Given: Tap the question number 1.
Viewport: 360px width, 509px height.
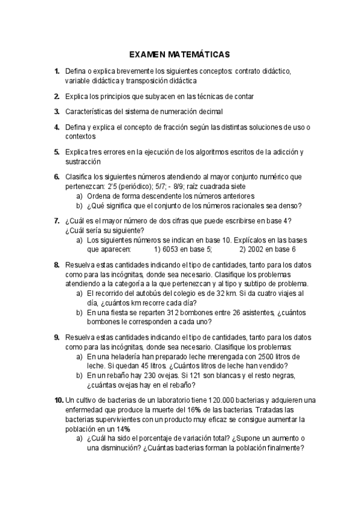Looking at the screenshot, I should coord(56,71).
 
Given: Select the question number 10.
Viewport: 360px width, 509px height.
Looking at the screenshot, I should coord(58,400).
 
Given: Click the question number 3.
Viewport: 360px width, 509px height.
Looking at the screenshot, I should coord(56,111).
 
